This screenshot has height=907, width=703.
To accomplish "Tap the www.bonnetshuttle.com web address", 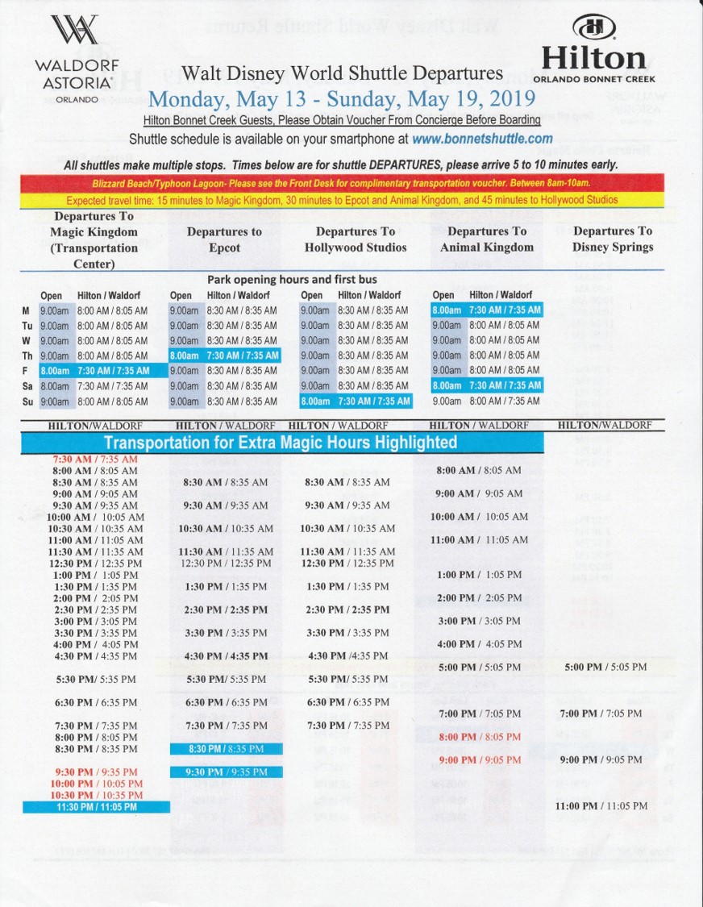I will tap(482, 139).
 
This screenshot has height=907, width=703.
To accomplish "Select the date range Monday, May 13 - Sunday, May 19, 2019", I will tap(342, 99).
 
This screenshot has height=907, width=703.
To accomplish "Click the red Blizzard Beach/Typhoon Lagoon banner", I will tap(343, 184).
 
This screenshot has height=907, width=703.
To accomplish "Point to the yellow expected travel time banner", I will tap(343, 200).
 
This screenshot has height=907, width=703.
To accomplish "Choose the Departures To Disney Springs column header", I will tap(612, 239).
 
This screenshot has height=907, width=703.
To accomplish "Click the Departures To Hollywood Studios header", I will tap(356, 239).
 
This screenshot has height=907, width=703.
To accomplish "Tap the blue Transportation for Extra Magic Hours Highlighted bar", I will tap(280, 443).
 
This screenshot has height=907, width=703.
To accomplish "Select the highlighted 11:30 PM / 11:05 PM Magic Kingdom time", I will tap(97, 807).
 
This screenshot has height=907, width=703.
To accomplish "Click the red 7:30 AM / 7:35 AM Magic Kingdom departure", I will tap(95, 460).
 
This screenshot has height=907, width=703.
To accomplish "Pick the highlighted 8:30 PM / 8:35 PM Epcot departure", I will tap(226, 749).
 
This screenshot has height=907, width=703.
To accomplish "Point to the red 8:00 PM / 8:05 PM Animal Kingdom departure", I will tap(480, 737).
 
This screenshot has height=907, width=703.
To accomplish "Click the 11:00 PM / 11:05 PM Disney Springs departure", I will tap(601, 805).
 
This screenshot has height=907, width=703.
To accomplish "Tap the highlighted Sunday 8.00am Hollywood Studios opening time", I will tap(314, 401).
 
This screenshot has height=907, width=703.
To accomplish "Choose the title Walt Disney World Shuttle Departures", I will tap(342, 73).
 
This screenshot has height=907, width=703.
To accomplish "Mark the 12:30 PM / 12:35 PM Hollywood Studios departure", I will tap(347, 564).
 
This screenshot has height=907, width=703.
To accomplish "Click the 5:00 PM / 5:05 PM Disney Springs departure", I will tap(605, 668).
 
